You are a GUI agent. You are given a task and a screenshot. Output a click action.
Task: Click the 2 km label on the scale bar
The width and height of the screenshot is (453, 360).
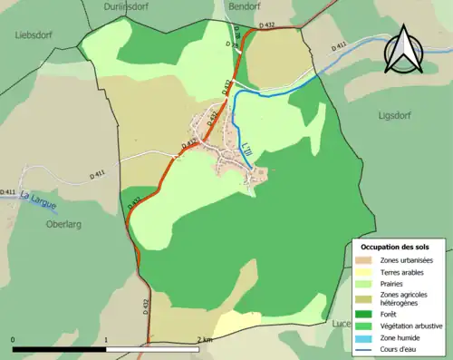pos(205,339)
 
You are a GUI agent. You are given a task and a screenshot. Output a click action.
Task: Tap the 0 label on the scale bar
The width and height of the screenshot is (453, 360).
pos(14,339)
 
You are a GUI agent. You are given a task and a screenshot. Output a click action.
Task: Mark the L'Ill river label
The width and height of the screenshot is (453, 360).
pos(246,146)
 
